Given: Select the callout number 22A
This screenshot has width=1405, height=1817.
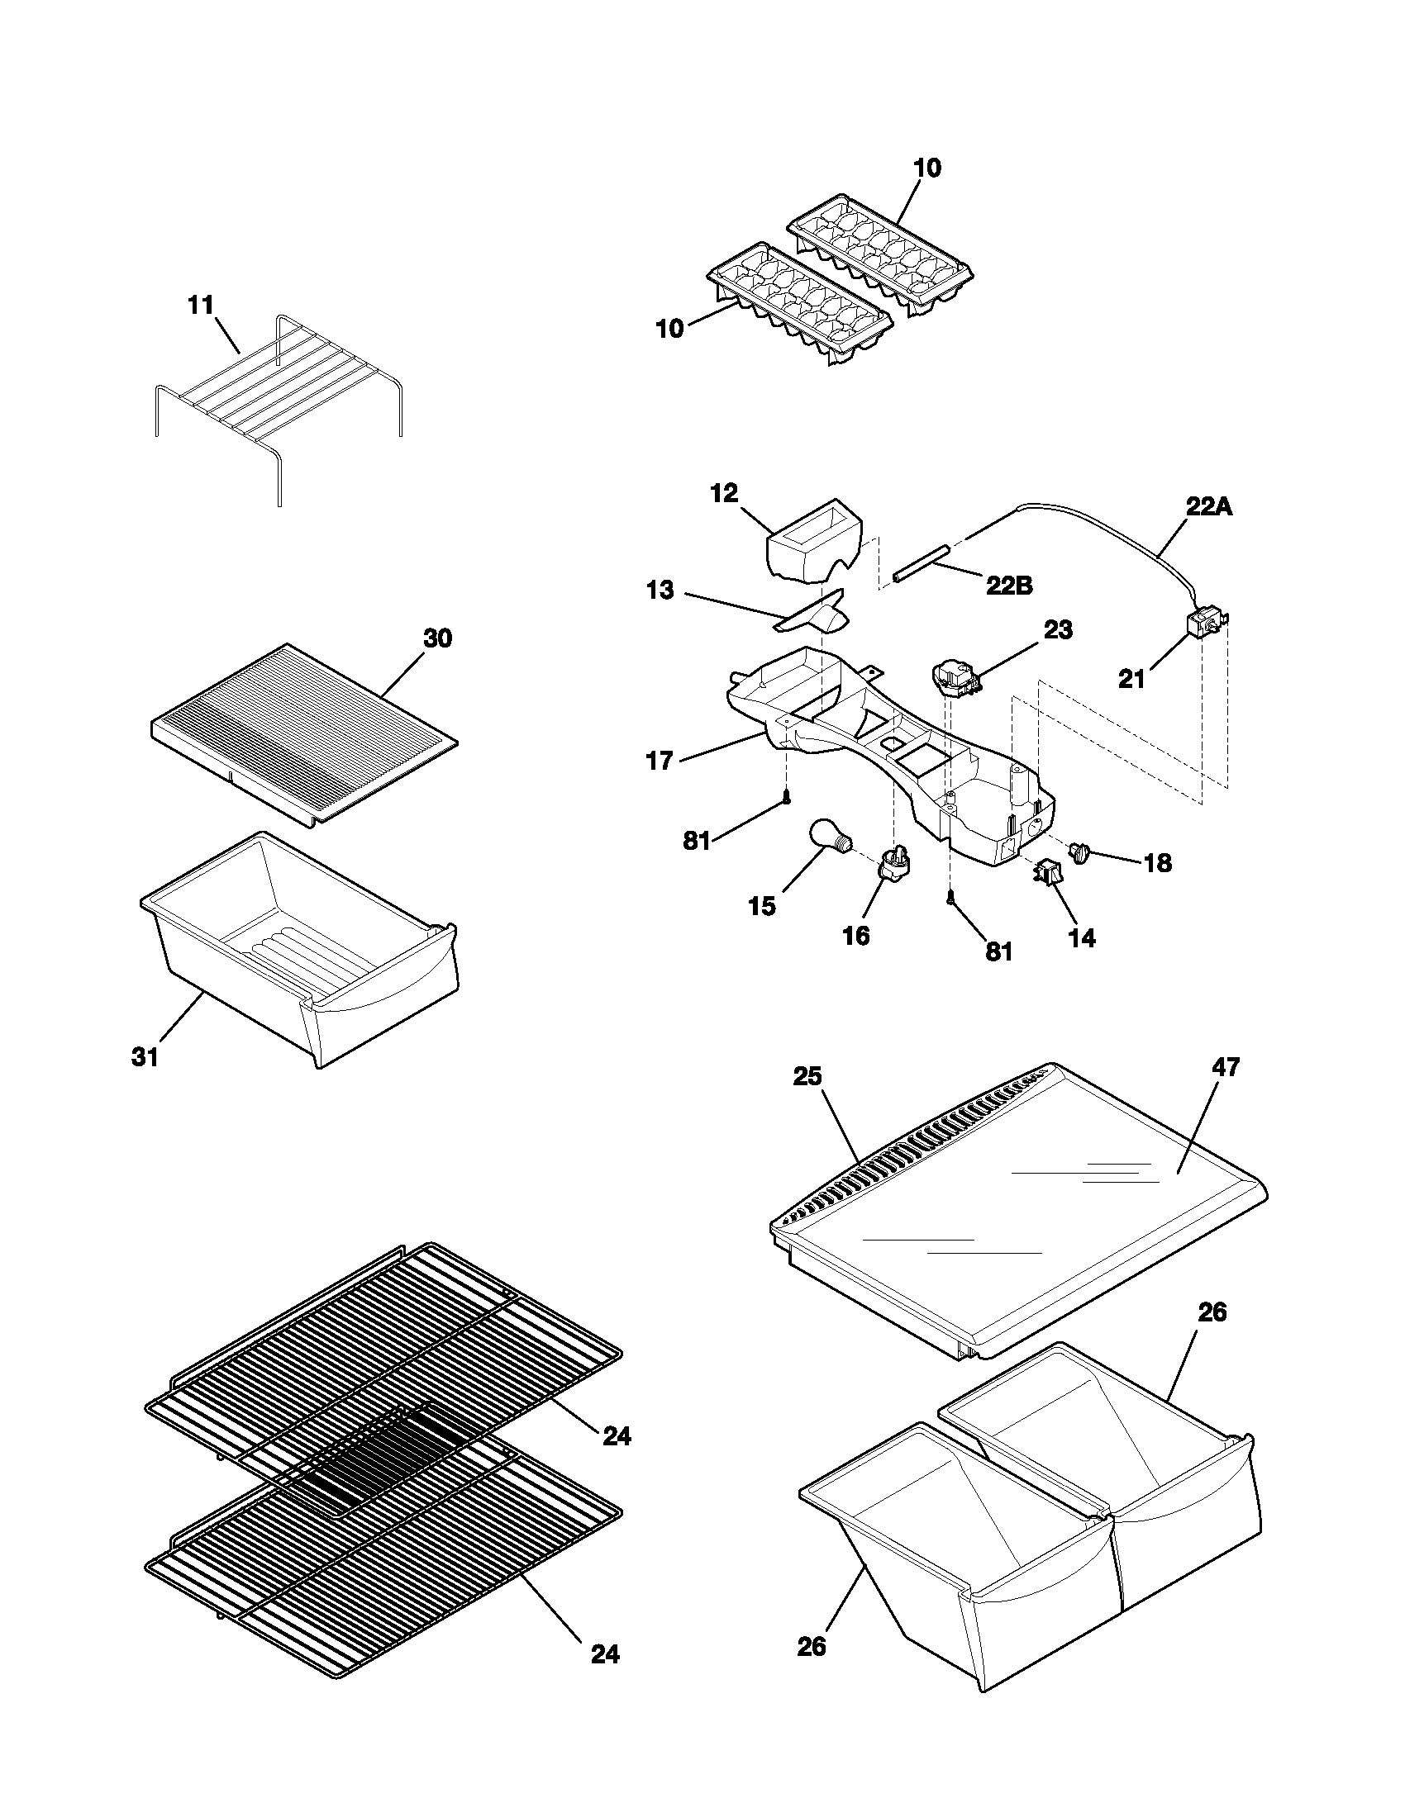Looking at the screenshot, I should (1208, 507).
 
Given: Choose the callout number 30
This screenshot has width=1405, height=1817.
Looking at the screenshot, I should (438, 639).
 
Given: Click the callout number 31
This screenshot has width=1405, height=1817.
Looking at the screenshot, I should (145, 1057).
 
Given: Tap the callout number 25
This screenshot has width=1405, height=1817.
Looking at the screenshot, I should (807, 1076).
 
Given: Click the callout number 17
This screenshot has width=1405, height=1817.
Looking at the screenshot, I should (660, 761).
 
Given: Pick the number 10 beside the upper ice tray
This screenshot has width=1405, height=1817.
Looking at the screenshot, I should (927, 168).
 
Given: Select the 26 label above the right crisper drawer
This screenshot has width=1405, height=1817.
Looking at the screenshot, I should (1212, 1313).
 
